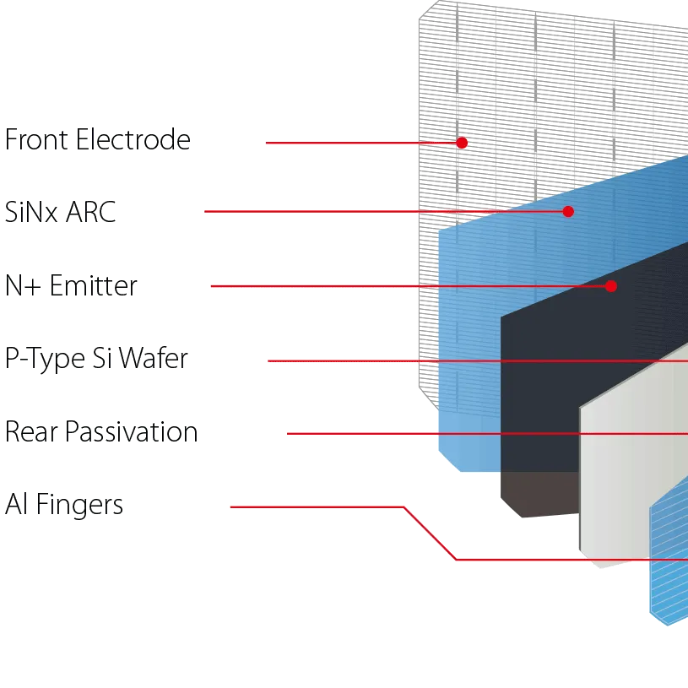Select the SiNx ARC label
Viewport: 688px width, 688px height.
pos(60,212)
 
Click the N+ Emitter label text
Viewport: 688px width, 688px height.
pos(72,286)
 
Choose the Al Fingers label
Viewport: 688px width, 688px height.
pos(65,506)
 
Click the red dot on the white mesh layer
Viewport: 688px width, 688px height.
pos(462,143)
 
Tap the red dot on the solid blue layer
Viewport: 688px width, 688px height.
pos(568,212)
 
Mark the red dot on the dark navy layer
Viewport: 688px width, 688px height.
pos(611,286)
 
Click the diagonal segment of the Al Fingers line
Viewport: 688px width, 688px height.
pos(430,534)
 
